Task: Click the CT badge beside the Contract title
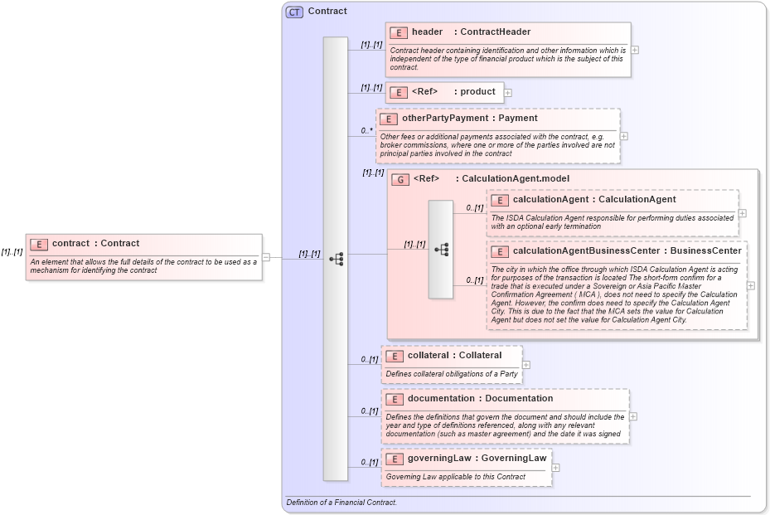293,12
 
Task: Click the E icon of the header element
399,32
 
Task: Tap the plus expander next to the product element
508,93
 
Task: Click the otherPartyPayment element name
445,119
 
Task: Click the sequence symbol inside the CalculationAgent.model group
441,249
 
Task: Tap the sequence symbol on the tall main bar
336,259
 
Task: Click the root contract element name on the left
71,244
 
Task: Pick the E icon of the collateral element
395,356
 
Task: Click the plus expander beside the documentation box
633,417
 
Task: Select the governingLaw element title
438,458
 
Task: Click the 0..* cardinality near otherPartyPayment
367,131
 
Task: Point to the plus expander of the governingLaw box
555,468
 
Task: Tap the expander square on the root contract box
266,257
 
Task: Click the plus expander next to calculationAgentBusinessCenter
750,284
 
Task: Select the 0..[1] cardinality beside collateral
370,360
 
